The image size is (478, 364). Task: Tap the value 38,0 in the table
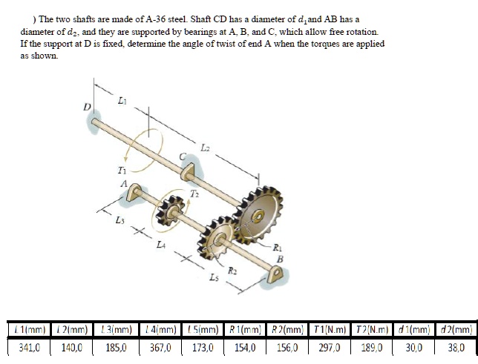click(x=456, y=345)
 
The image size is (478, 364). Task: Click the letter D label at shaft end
click(x=87, y=107)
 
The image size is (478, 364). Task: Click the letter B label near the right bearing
click(x=279, y=259)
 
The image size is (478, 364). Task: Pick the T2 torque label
click(x=194, y=195)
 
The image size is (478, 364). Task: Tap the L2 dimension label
click(x=206, y=148)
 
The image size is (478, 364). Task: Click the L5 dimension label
click(x=214, y=277)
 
